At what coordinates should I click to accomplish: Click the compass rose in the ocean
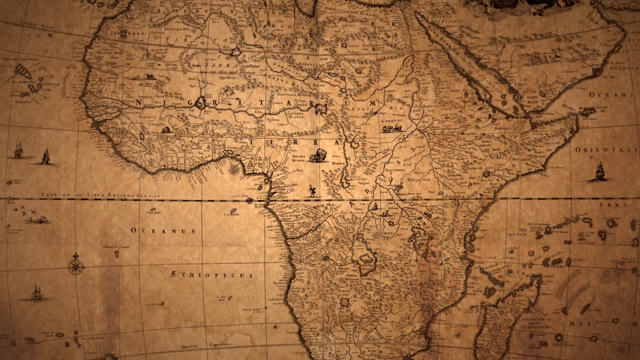pyautogui.click(x=76, y=265)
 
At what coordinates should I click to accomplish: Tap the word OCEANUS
pyautogui.click(x=163, y=231)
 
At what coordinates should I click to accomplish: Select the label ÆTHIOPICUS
pyautogui.click(x=212, y=275)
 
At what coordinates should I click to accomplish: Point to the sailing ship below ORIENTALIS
pyautogui.click(x=599, y=171)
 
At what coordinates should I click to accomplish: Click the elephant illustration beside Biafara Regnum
pyautogui.click(x=318, y=155)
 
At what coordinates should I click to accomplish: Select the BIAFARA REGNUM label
pyautogui.click(x=299, y=158)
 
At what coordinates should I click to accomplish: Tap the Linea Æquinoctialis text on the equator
pyautogui.click(x=100, y=195)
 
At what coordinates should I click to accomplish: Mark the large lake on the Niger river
pyautogui.click(x=201, y=103)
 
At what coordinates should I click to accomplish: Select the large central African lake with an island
pyautogui.click(x=364, y=256)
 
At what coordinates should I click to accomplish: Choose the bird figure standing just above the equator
pyautogui.click(x=312, y=190)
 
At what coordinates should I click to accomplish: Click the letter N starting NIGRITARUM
pyautogui.click(x=138, y=102)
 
